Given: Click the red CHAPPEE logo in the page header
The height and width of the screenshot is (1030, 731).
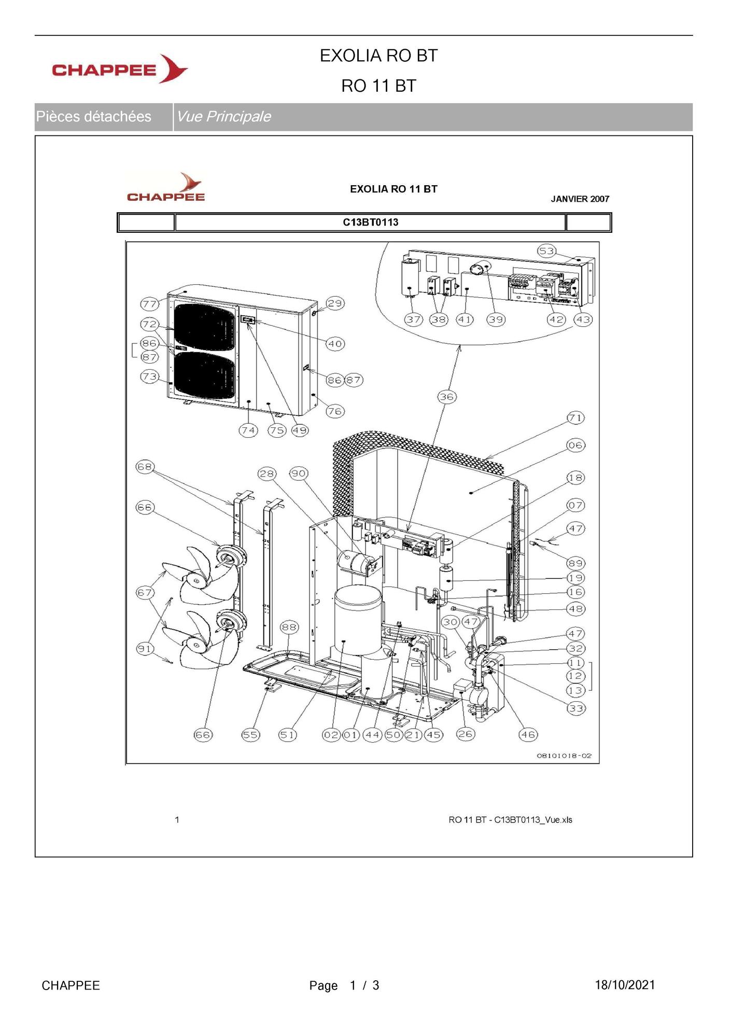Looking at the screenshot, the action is tap(120, 69).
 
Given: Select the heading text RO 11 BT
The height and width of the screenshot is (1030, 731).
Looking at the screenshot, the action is tap(378, 86).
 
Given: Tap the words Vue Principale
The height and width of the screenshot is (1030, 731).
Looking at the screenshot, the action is tap(223, 116).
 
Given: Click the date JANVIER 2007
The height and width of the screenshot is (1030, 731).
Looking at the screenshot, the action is tap(580, 199).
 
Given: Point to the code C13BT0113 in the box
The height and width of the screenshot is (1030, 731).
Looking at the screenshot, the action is tap(371, 222).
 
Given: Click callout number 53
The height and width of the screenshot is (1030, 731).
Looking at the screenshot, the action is tap(546, 251).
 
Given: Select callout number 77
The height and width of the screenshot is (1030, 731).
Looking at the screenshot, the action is tap(150, 304).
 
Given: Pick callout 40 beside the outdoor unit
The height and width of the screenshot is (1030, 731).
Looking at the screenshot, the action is tap(335, 343).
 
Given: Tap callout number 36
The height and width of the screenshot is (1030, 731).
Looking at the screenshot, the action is tap(446, 397).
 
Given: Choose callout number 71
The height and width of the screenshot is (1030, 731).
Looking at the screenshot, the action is tap(575, 417).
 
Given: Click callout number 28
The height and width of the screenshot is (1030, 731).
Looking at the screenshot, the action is tap(267, 474).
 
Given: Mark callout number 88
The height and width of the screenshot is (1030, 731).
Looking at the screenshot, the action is tap(289, 627).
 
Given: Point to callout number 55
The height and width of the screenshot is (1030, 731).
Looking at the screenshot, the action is tap(251, 734).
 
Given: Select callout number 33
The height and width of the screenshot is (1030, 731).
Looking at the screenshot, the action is tap(575, 708).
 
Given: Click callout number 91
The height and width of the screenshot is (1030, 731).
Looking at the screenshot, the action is tap(145, 648).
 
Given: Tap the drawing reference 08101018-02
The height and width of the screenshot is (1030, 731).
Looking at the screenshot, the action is tap(564, 756).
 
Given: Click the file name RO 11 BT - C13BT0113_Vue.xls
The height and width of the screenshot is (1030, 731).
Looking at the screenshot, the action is tap(511, 820).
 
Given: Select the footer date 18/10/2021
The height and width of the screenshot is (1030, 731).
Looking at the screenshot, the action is tap(625, 985).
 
